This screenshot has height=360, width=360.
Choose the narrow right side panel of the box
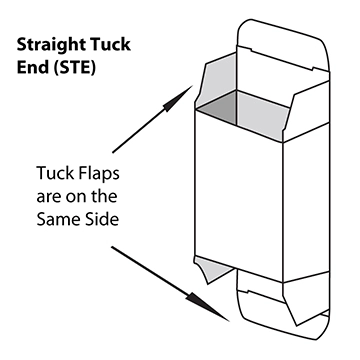(x=296, y=190)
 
